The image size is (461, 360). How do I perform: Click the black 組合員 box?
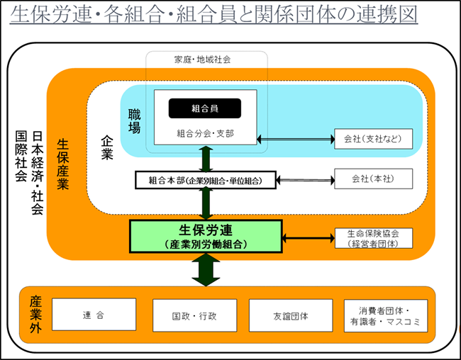(204, 108)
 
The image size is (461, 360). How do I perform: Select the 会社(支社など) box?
(373, 139)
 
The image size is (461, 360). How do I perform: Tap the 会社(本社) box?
(373, 179)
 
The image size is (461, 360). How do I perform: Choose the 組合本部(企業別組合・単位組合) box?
(205, 180)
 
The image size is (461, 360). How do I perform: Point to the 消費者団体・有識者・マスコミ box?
(386, 315)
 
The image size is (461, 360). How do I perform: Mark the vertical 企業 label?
(106, 146)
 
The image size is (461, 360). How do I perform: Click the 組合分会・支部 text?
(204, 133)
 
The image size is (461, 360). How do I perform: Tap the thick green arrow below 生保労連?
(205, 270)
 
